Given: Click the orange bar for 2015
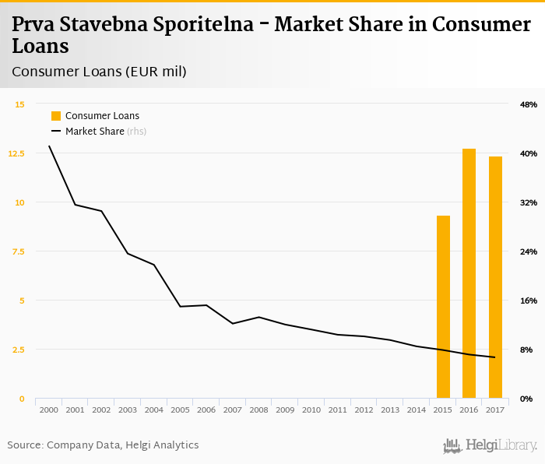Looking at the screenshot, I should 443,307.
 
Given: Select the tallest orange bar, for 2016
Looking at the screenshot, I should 469,273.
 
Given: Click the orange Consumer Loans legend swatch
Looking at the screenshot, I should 56,116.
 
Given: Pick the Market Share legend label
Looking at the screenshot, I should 95,132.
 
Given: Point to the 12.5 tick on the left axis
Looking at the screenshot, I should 16,153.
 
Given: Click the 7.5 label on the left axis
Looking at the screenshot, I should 17,251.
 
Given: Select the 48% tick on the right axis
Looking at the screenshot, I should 529,104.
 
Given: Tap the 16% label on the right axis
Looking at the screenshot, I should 529,301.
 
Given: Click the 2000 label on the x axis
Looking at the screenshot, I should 48,410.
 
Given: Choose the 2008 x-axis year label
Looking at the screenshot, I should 258,410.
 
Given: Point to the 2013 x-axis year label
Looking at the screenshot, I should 390,410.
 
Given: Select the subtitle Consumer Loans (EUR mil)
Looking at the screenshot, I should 99,72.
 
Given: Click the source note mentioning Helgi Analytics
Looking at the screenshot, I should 103,445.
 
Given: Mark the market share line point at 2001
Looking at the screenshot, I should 75,205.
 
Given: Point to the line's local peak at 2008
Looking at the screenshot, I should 258,317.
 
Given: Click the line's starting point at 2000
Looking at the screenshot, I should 49,146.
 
